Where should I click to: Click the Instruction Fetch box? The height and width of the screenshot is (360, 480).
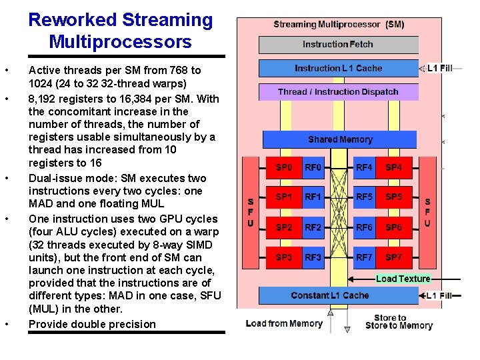[x=337, y=45]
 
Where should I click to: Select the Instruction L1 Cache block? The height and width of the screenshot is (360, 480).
[x=337, y=68]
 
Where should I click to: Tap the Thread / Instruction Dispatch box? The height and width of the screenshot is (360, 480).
[x=337, y=92]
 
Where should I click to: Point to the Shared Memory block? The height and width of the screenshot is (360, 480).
[x=339, y=139]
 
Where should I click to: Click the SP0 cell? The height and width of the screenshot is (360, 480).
[x=284, y=167]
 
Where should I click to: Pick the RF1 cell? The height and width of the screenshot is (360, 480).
[x=313, y=197]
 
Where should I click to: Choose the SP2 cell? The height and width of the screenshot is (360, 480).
[x=284, y=227]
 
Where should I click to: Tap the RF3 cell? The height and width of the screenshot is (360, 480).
[x=313, y=257]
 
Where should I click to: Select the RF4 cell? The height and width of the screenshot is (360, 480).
[x=364, y=167]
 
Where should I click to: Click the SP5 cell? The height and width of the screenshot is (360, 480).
[x=393, y=197]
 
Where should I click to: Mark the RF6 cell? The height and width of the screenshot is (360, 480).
[x=364, y=227]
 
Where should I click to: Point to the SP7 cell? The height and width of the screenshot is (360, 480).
[x=393, y=257]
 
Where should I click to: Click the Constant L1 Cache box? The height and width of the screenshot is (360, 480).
[x=329, y=295]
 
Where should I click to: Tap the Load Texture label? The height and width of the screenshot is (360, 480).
[x=403, y=279]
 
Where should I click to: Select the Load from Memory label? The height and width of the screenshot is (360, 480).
[x=284, y=324]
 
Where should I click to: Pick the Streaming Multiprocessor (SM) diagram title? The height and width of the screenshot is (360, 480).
[x=339, y=25]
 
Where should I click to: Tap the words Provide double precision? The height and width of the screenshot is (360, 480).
[x=92, y=325]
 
